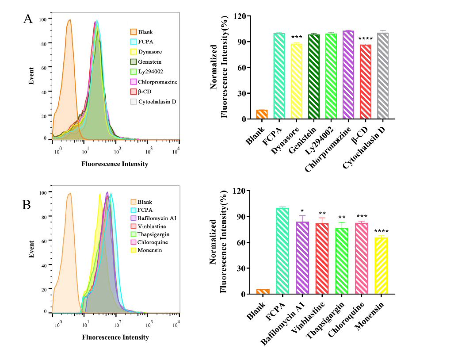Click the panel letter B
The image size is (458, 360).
tap(27, 205)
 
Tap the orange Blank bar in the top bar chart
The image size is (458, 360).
tap(262, 114)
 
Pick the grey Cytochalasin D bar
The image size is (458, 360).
tap(382, 76)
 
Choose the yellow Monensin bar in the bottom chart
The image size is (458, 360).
tap(381, 266)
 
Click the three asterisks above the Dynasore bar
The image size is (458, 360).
tap(296, 38)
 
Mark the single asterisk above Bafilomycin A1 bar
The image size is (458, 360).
tap(302, 211)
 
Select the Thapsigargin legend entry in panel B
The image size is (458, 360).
tap(153, 234)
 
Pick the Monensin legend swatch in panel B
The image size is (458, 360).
tap(133, 250)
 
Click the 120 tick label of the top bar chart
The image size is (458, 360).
tap(245, 16)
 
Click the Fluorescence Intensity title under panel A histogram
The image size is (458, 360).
tap(115, 164)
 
